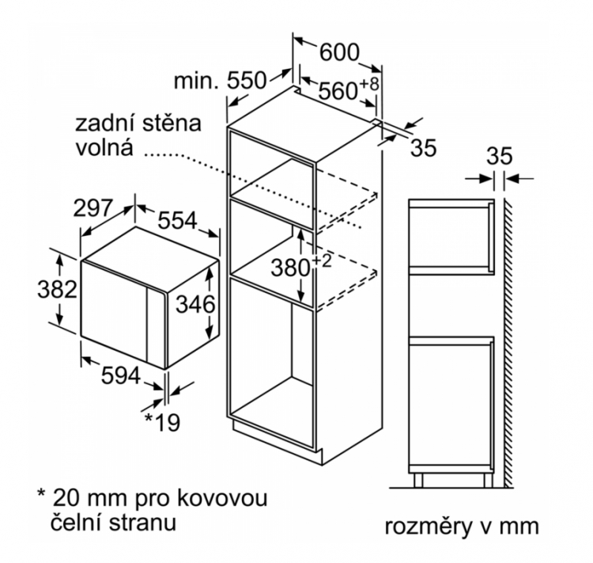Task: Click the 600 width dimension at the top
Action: pyautogui.click(x=339, y=52)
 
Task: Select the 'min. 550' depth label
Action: pyautogui.click(x=220, y=81)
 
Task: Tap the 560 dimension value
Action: pyautogui.click(x=338, y=91)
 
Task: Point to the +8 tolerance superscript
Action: pyautogui.click(x=368, y=84)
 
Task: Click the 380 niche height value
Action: pyautogui.click(x=290, y=268)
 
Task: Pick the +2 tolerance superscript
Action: pyautogui.click(x=322, y=261)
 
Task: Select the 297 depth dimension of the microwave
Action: pyautogui.click(x=93, y=207)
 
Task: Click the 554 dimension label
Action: pyautogui.click(x=177, y=220)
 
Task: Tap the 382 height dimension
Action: pyautogui.click(x=57, y=290)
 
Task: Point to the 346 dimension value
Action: pyautogui.click(x=195, y=304)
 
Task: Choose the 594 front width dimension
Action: pyautogui.click(x=121, y=376)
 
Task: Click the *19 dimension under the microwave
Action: pyautogui.click(x=163, y=422)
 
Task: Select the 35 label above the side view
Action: pyautogui.click(x=499, y=155)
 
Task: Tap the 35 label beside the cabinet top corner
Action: pyautogui.click(x=424, y=148)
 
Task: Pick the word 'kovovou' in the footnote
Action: pyautogui.click(x=222, y=497)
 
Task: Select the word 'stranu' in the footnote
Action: pyautogui.click(x=142, y=522)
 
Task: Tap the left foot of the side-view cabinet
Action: pyautogui.click(x=418, y=480)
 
